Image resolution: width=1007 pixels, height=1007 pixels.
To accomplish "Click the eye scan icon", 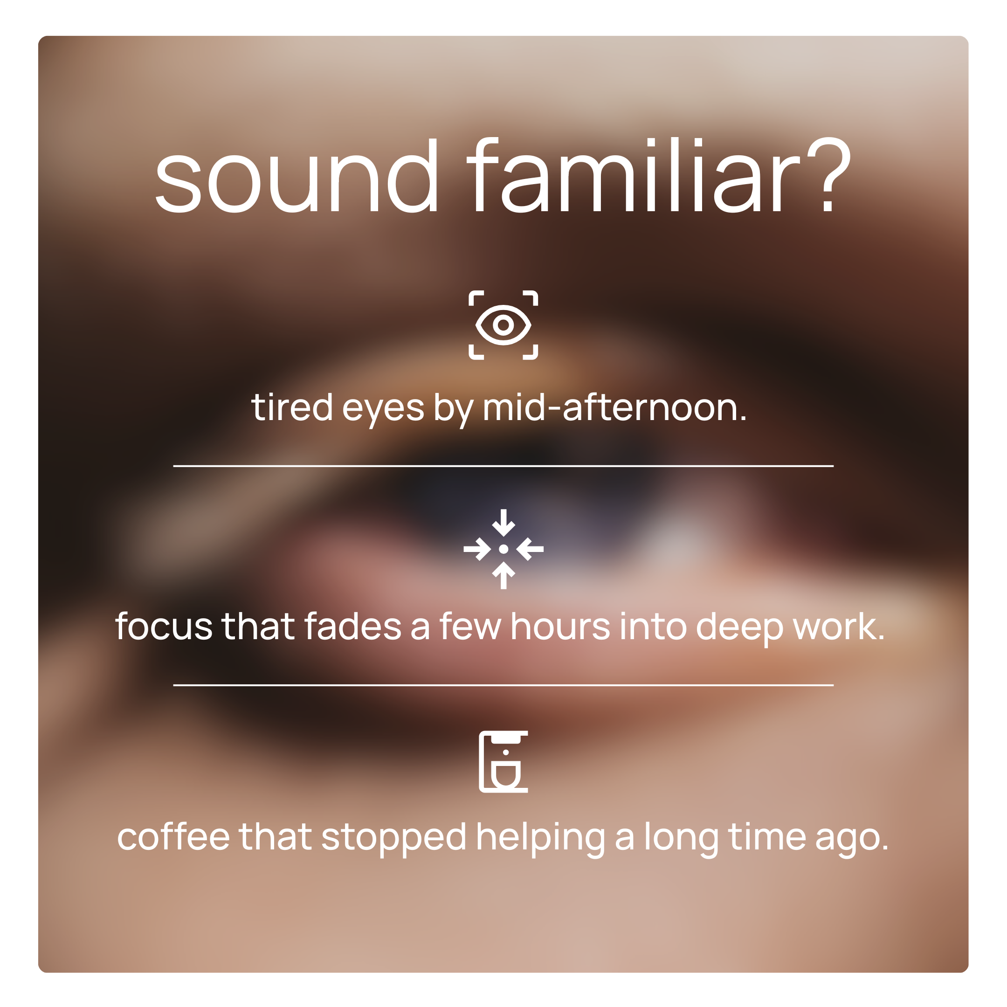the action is [504, 325].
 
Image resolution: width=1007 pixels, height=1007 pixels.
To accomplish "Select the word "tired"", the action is [292, 407].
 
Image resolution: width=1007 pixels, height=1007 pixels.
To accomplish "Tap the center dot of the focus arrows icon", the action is [504, 549].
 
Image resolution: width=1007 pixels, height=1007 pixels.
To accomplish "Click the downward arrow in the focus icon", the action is [504, 522].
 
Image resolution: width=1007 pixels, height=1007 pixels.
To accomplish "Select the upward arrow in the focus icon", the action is [504, 575].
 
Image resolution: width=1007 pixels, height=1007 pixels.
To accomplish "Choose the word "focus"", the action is [164, 626].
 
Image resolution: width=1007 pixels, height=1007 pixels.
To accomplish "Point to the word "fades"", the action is [353, 626].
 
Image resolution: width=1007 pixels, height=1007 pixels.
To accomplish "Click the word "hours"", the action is [560, 626].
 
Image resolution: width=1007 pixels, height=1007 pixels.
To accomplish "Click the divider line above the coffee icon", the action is [504, 685].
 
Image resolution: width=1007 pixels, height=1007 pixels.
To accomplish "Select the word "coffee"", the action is [173, 837].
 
